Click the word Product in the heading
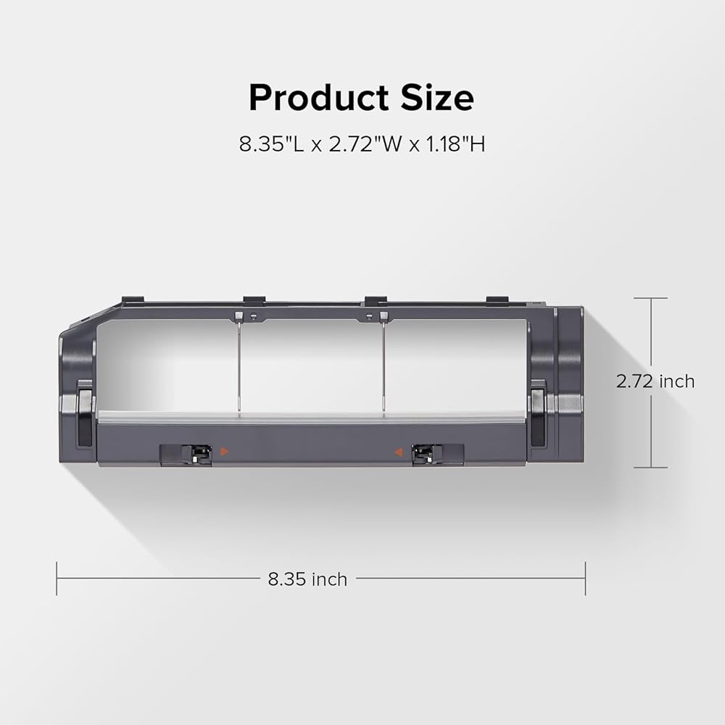pyautogui.click(x=318, y=98)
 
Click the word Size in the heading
pyautogui.click(x=437, y=98)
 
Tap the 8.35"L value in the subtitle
pyautogui.click(x=271, y=144)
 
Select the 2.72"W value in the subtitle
pyautogui.click(x=365, y=144)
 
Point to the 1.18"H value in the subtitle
pyautogui.click(x=455, y=144)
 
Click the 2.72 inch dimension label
pyautogui.click(x=655, y=381)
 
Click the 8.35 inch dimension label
pyautogui.click(x=307, y=579)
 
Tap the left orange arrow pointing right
pyautogui.click(x=224, y=451)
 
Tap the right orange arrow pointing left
pyautogui.click(x=399, y=452)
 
